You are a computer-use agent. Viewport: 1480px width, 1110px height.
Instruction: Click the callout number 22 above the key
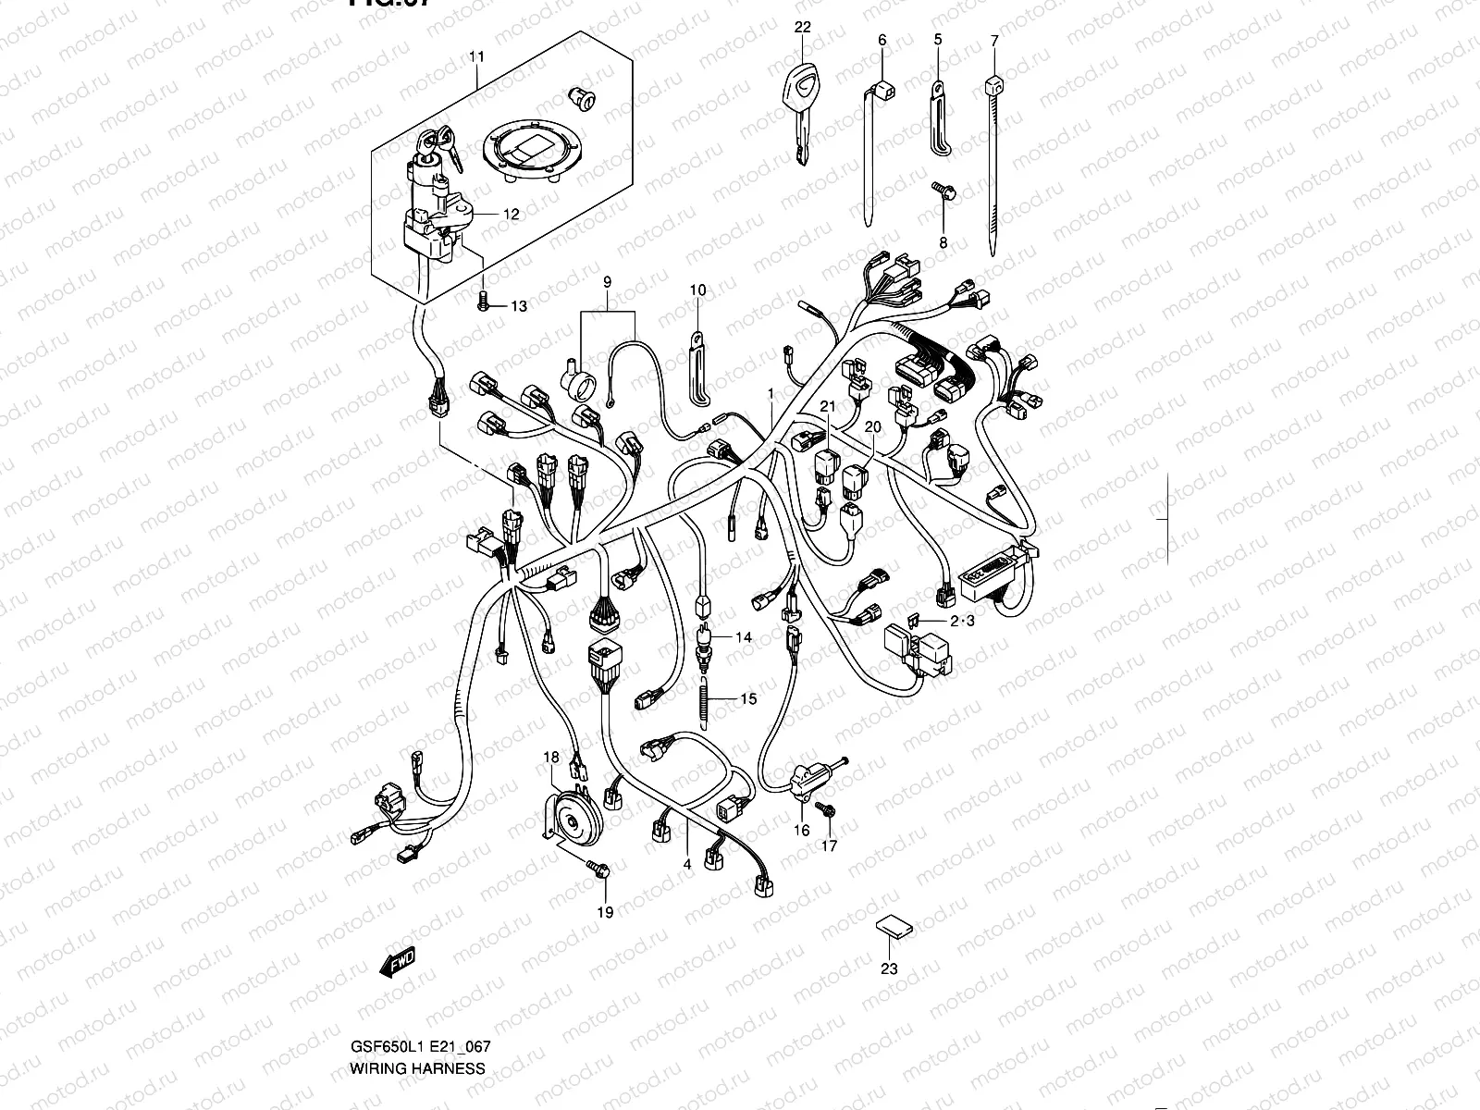[802, 27]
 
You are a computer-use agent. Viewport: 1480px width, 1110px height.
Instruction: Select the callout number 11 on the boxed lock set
[476, 57]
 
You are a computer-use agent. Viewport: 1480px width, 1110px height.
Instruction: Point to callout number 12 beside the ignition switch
[511, 214]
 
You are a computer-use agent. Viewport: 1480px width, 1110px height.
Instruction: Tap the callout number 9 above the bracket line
[608, 280]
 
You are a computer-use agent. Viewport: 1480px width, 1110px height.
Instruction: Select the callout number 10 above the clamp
[697, 290]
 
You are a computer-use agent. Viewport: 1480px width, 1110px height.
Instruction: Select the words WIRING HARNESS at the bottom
[417, 1068]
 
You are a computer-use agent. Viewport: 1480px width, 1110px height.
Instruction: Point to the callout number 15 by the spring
[748, 698]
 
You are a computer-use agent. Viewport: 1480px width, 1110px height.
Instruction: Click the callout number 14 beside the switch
[745, 637]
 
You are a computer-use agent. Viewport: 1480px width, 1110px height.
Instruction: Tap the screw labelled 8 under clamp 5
[943, 192]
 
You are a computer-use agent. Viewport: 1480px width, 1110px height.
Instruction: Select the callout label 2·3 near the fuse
[961, 621]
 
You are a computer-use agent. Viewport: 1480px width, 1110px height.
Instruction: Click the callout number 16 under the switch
[801, 831]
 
